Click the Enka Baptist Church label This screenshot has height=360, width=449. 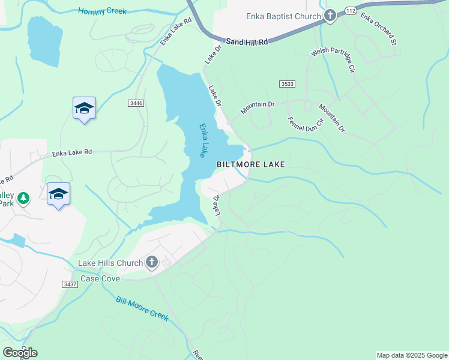point(284,16)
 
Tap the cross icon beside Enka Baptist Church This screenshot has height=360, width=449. point(329,16)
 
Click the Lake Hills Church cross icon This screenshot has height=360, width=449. point(152,262)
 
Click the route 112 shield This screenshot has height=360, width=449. point(351,12)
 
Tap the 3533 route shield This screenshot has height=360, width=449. point(287,84)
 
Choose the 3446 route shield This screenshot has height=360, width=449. point(136,103)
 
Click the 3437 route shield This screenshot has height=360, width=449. point(70,284)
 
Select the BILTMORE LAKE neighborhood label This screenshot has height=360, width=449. point(250,164)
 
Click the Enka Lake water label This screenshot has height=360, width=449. point(203,140)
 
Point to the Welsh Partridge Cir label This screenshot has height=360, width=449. point(332,61)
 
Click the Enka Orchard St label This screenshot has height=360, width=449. point(379,29)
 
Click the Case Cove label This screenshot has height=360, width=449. point(100,278)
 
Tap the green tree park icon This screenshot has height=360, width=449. point(23,198)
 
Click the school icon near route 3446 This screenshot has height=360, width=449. point(84,109)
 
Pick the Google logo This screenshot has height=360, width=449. point(20,353)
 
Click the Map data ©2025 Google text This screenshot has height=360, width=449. point(411,355)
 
